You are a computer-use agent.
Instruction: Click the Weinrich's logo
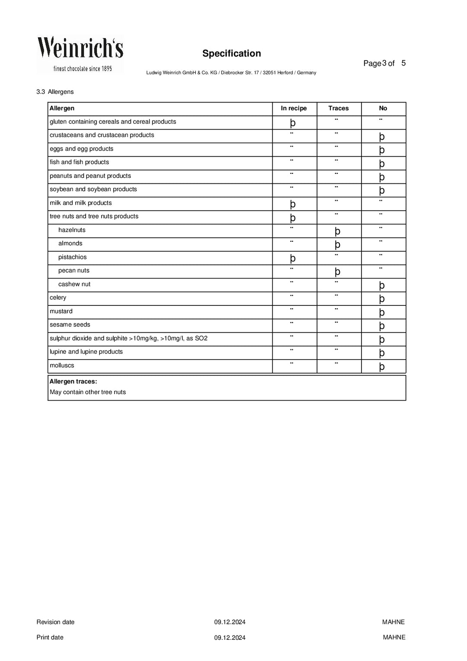pos(80,54)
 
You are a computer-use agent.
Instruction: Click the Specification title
pos(231,54)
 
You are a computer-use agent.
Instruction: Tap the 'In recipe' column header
pos(294,108)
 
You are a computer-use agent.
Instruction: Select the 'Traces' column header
pos(338,108)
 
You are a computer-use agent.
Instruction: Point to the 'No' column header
pos(383,108)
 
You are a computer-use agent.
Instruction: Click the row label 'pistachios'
pos(72,257)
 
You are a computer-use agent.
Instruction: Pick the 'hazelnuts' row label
pos(72,230)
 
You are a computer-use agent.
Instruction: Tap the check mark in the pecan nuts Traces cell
pos(337,272)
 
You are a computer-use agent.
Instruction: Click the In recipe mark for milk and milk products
pos(293,204)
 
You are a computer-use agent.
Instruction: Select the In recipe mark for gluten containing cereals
pos(293,123)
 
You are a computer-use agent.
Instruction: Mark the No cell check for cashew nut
pos(382,285)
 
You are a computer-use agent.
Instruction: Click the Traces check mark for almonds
pos(337,244)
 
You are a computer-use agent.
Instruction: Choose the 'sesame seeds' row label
pos(70,324)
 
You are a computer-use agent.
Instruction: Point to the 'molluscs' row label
pos(62,365)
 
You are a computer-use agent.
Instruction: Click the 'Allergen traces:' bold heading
pos(73,382)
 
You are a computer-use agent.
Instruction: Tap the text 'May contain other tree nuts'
pos(88,392)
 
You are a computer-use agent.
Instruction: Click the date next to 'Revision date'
pos(230,622)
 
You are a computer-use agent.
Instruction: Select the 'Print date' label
pos(50,637)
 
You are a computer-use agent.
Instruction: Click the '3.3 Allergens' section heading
pos(55,92)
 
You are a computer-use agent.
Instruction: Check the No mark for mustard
pos(382,312)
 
